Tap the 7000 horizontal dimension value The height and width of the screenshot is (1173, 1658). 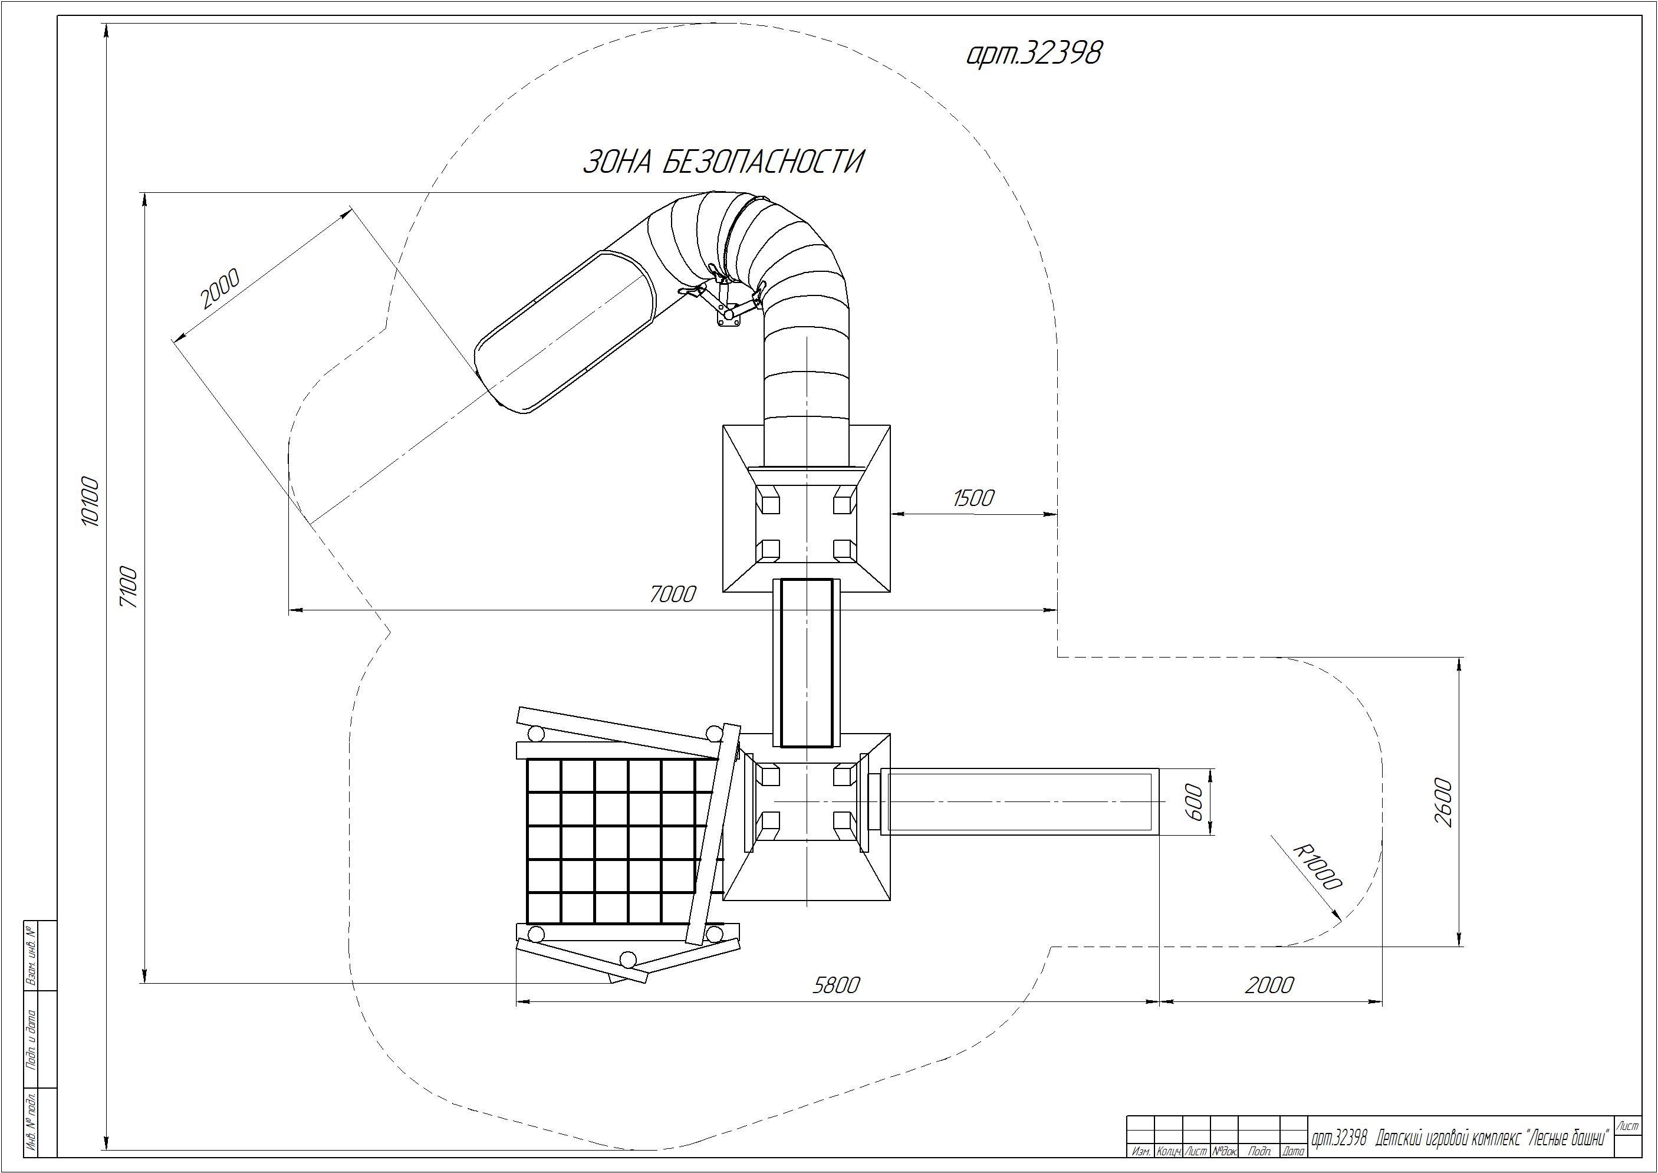(672, 594)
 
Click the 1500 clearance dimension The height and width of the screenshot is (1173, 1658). (973, 498)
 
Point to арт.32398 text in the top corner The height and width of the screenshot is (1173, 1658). (1034, 52)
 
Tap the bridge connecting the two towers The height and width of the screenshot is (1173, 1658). (807, 662)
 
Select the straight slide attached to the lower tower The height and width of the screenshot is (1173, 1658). (1018, 801)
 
